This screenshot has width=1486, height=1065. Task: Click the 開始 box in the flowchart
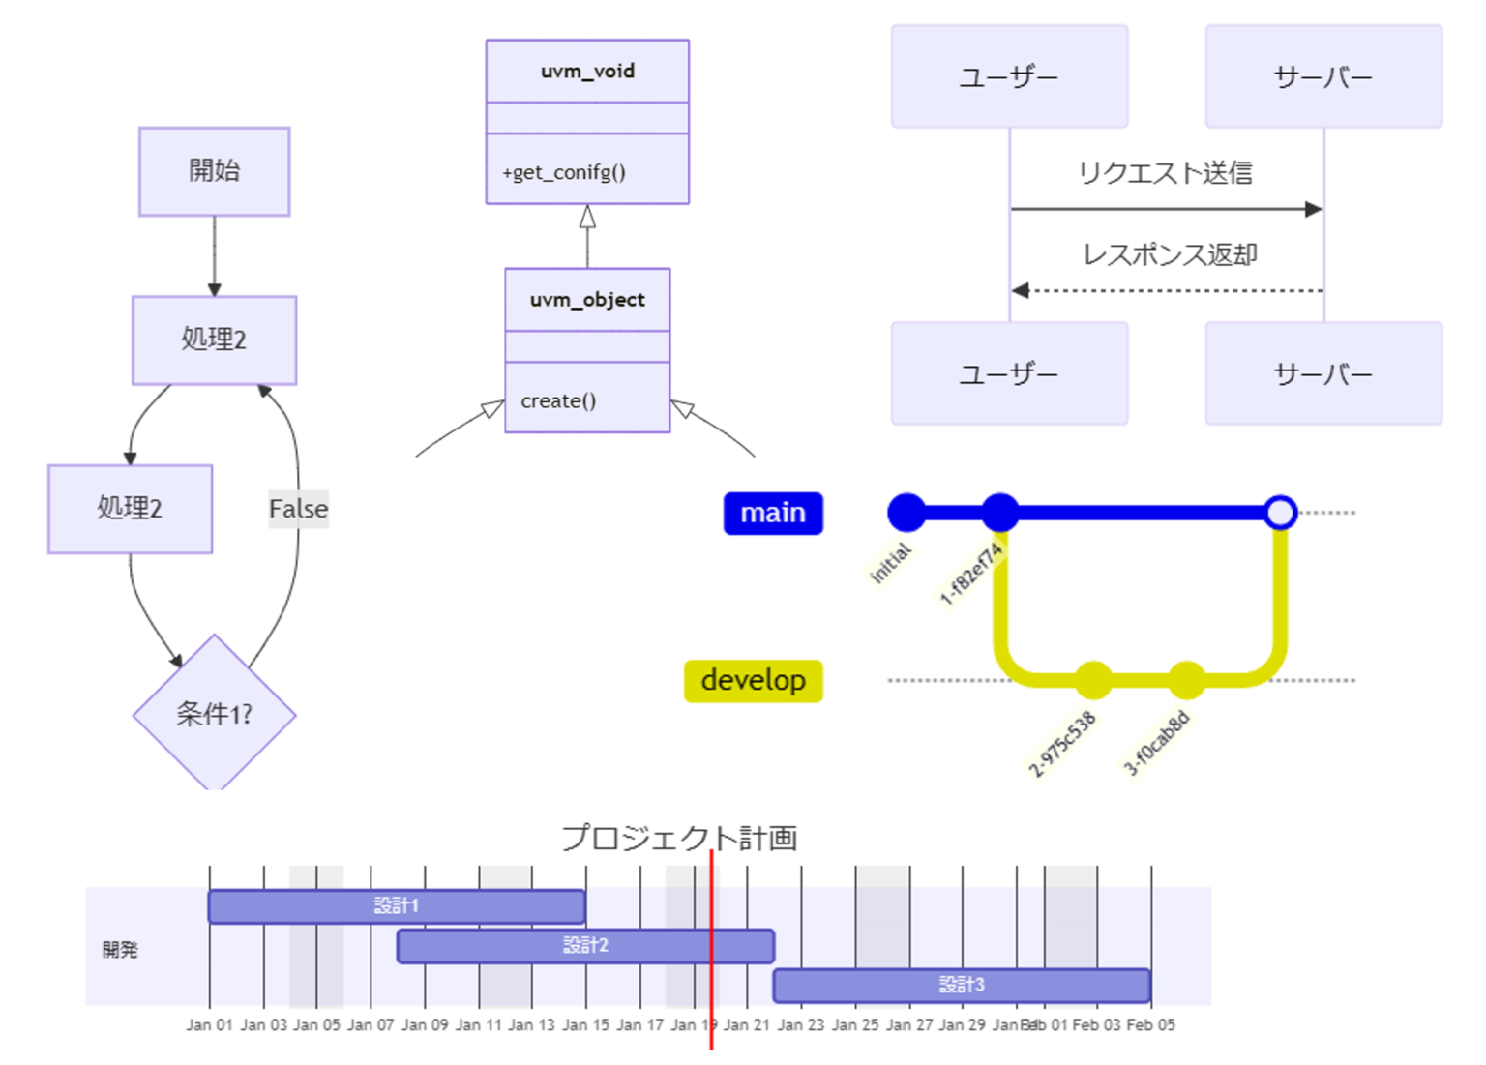click(214, 171)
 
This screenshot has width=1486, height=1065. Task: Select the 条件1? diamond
click(214, 714)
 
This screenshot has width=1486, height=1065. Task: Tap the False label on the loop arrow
click(298, 509)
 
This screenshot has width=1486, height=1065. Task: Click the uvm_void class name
click(587, 71)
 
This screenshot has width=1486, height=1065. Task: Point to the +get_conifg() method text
click(563, 172)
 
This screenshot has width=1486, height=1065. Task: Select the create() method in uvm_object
click(558, 400)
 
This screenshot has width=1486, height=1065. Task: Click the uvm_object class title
click(587, 300)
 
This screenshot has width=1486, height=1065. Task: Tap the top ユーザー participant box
click(1009, 76)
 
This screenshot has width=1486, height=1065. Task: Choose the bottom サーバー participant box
click(1323, 373)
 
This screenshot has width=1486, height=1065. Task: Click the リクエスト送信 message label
click(1165, 173)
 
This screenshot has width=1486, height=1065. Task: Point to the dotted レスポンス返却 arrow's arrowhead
click(1020, 290)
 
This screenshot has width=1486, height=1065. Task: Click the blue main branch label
click(773, 513)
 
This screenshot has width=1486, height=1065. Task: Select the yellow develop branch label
click(753, 680)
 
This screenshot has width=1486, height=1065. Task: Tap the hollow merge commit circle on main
click(1280, 512)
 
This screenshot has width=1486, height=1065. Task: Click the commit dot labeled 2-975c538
click(1093, 680)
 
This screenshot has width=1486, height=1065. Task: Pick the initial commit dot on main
click(906, 512)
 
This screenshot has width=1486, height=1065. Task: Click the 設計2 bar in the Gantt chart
click(585, 945)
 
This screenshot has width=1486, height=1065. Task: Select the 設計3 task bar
click(961, 985)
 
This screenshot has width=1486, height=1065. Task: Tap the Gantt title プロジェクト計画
click(679, 838)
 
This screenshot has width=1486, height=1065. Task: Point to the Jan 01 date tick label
click(209, 1024)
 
